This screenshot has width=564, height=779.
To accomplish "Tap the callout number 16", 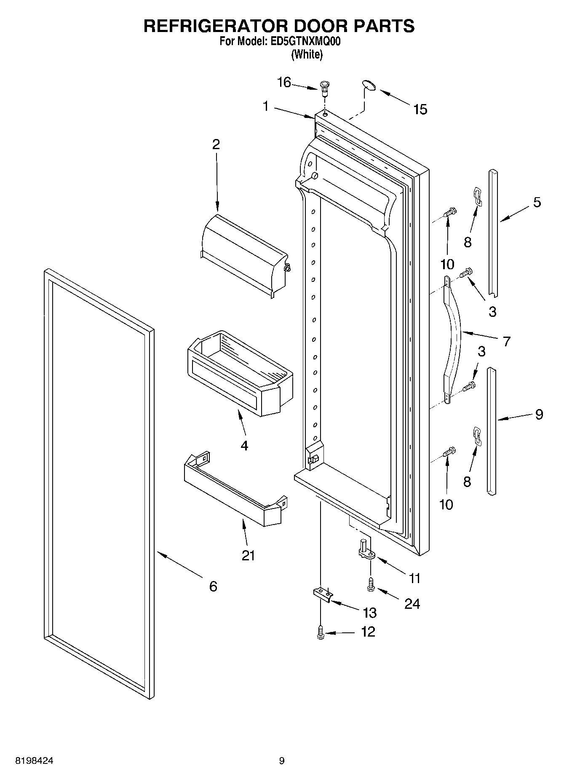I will pyautogui.click(x=284, y=83).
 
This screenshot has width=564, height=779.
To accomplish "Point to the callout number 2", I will pyautogui.click(x=216, y=145).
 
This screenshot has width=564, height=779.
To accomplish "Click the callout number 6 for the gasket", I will pyautogui.click(x=213, y=586).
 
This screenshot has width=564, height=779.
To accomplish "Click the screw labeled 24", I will pyautogui.click(x=371, y=584).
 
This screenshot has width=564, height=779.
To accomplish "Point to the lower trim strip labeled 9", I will pyautogui.click(x=491, y=430).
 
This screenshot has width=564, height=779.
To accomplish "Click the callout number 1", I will pyautogui.click(x=266, y=106).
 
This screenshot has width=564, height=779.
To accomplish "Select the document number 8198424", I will pyautogui.click(x=34, y=761).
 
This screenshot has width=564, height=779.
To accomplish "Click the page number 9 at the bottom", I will pyautogui.click(x=282, y=761).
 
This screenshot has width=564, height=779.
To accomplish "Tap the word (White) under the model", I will pyautogui.click(x=307, y=54).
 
